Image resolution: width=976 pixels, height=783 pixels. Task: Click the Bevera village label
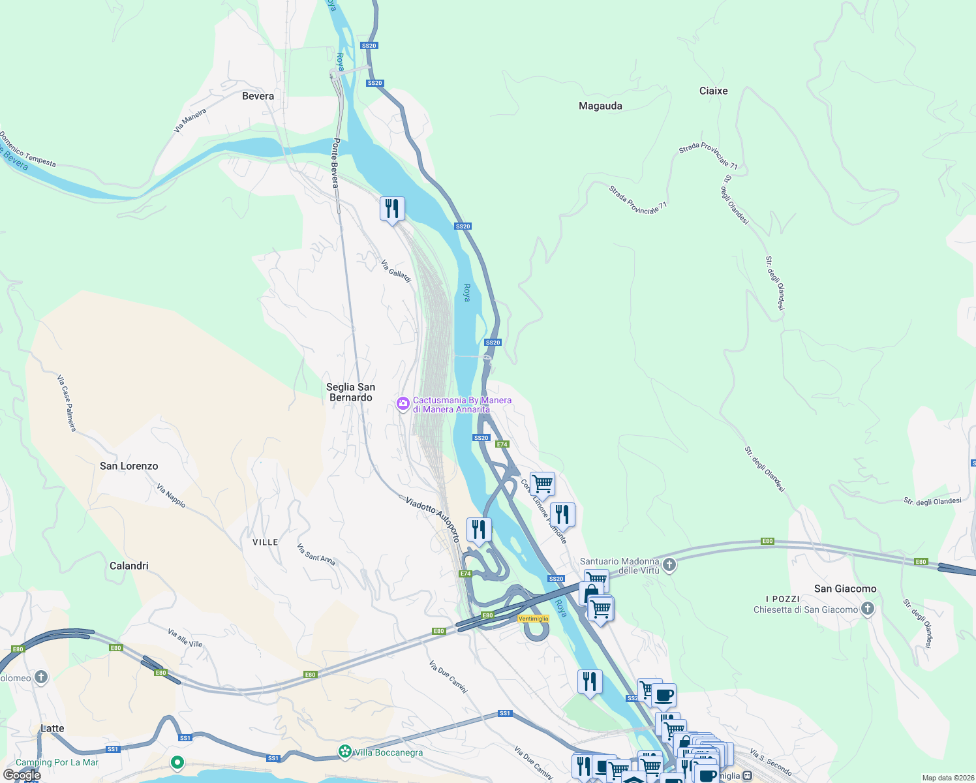coord(258,96)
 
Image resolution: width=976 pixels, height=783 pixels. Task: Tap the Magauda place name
coord(600,106)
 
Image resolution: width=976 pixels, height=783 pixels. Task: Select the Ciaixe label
coord(713,91)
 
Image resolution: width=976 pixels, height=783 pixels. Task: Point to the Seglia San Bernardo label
coord(351,392)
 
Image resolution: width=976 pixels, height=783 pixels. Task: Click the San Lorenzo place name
coord(129,466)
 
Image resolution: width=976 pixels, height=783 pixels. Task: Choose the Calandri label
coord(129,566)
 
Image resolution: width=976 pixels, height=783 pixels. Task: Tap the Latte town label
coord(52,728)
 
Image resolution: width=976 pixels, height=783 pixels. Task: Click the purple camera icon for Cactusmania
coord(403,405)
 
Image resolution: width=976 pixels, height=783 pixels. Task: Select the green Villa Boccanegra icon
coord(345,752)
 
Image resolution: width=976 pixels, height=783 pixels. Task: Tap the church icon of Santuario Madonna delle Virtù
coord(669,565)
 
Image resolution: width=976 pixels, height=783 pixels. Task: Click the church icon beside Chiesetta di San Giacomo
coord(867,609)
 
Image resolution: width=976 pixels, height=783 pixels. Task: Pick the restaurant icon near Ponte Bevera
coord(392,209)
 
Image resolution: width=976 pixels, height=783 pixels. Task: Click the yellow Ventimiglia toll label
coord(533,619)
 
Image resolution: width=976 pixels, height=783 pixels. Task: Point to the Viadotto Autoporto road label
coord(433,519)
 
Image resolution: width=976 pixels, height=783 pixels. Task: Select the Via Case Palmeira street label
coord(67,403)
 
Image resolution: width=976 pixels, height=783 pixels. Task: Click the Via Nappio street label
coord(172,496)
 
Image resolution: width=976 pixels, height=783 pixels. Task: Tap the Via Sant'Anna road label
coord(316,554)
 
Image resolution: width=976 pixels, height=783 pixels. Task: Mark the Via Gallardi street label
coord(397,271)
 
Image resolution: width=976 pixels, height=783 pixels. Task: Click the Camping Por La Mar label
coord(57,762)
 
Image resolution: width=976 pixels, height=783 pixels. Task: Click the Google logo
coord(22,775)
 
